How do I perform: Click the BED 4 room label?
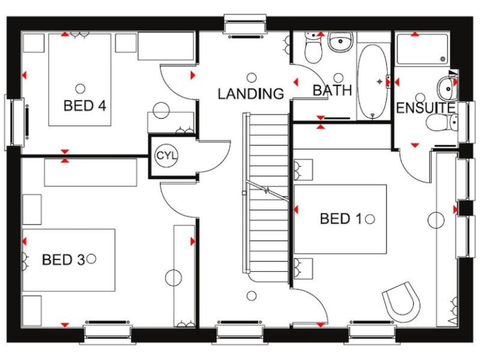[84, 105]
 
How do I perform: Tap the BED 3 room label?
[62, 259]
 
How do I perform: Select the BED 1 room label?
[341, 219]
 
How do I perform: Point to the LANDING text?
[251, 94]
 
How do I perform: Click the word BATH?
[332, 91]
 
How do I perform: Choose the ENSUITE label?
[425, 108]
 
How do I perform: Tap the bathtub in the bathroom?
[374, 81]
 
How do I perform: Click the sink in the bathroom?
[341, 44]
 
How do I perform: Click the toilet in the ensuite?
[441, 122]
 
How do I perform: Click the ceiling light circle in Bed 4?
[80, 87]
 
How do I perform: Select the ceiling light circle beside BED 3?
[92, 258]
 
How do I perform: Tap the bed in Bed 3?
[69, 259]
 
